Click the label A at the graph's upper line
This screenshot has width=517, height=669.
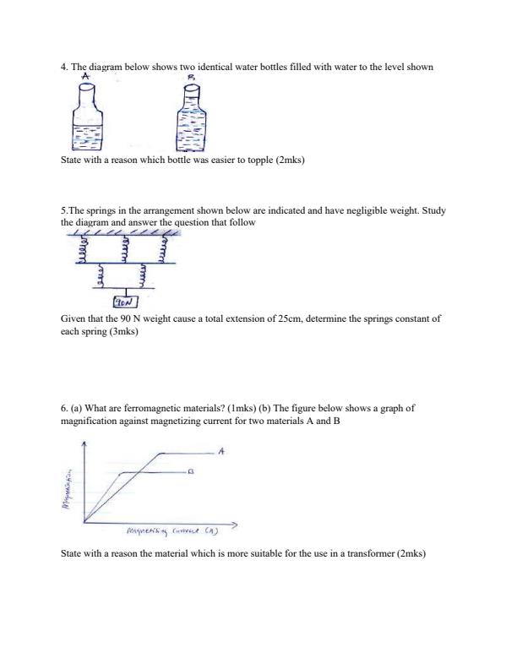(x=221, y=451)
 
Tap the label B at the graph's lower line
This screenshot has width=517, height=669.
(x=191, y=473)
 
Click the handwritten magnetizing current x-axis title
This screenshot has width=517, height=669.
(x=168, y=533)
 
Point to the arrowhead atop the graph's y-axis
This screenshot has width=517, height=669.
(x=83, y=443)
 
